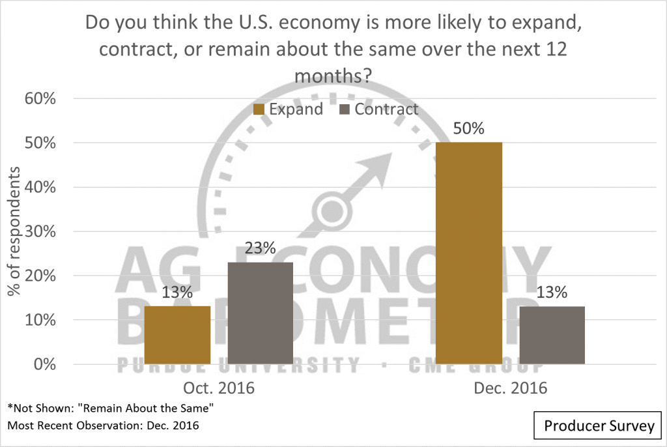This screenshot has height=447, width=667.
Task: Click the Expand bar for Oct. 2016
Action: (178, 335)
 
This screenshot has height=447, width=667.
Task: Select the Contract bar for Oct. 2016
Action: (260, 313)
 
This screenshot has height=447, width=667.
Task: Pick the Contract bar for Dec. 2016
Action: (551, 335)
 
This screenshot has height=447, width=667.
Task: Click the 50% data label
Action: (469, 128)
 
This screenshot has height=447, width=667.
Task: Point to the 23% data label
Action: (260, 248)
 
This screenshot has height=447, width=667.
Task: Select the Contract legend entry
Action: (379, 109)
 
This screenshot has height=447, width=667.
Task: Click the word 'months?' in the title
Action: (333, 76)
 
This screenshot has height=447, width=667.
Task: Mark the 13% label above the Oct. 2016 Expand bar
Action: (178, 293)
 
